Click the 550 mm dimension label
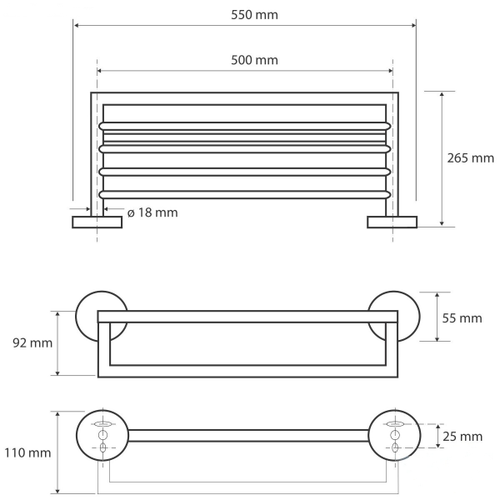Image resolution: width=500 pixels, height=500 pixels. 254,15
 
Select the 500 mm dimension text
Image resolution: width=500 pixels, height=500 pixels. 254,60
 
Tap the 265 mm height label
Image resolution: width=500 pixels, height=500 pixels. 470,158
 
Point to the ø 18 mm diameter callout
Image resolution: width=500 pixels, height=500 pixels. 152,212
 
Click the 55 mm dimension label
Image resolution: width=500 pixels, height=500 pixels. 462,318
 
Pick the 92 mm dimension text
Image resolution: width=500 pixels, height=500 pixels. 32,343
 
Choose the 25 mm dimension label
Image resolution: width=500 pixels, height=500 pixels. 462,437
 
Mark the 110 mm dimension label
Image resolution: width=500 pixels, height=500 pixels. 27,452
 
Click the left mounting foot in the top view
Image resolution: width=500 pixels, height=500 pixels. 97,222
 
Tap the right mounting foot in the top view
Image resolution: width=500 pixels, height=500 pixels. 392,222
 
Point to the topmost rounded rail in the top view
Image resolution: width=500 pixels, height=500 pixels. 244,126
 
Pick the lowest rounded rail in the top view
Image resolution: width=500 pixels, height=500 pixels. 244,195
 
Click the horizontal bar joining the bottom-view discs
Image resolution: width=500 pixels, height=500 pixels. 248,436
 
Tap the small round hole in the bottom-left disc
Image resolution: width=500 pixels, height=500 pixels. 102,435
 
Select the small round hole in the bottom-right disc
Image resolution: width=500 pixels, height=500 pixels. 395,435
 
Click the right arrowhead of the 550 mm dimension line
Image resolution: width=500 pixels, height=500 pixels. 413,25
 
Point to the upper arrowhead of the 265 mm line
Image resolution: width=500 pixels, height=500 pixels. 442,94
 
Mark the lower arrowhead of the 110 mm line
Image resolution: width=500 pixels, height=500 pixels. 57,491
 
